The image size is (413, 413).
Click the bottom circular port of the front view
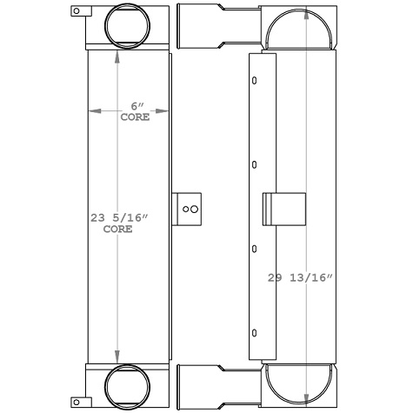tap(128, 386)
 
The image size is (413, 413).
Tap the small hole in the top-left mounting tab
tap(77, 11)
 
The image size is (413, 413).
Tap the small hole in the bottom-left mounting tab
tap(77, 402)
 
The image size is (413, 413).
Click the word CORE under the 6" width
tap(134, 117)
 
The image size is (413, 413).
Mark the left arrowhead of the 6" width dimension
tap(91, 111)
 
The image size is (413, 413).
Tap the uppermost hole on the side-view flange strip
tap(254, 82)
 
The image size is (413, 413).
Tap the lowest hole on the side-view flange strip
tap(254, 332)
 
